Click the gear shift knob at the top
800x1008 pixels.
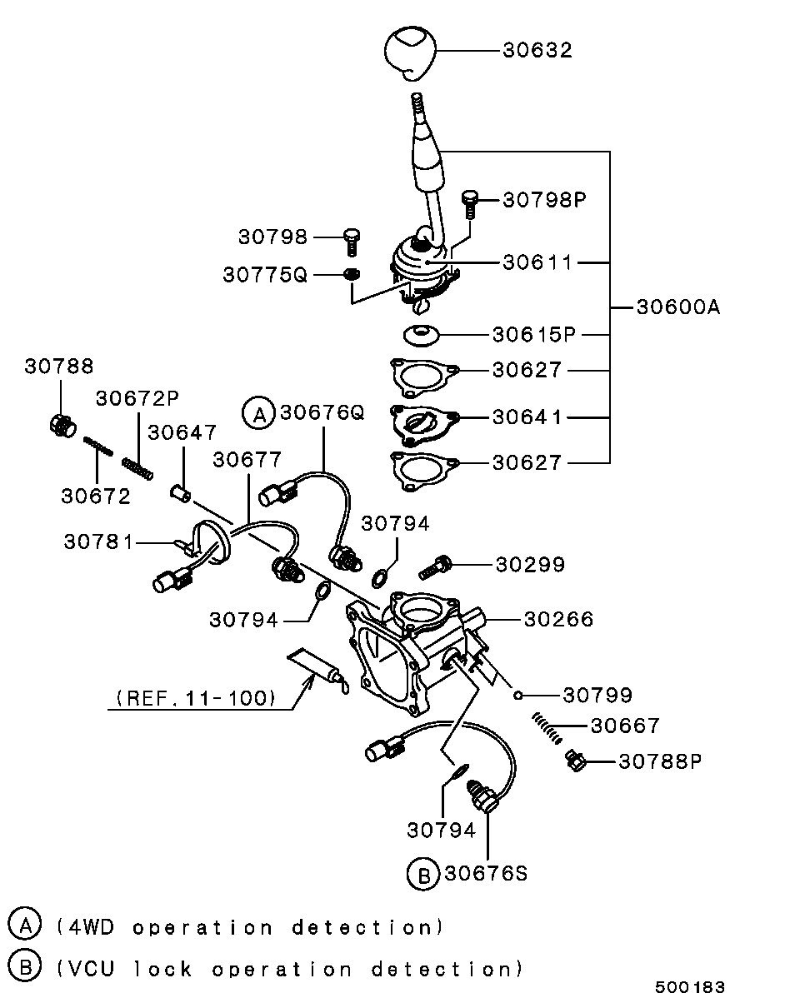(x=410, y=53)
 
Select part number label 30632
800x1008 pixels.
(x=537, y=50)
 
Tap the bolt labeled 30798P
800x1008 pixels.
(x=470, y=204)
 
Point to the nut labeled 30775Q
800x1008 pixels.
(x=352, y=274)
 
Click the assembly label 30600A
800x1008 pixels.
(x=678, y=307)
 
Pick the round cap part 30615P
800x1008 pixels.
(x=421, y=336)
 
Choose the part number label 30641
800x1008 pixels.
(x=527, y=417)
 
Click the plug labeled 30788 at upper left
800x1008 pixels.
(x=62, y=426)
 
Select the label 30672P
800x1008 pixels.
(x=137, y=398)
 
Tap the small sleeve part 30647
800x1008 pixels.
(x=181, y=494)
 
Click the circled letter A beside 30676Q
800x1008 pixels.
(x=258, y=412)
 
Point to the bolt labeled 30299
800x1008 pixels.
(x=435, y=567)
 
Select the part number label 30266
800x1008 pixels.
(x=558, y=619)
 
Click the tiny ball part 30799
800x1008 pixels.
(x=517, y=695)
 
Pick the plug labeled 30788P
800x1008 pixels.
(x=576, y=761)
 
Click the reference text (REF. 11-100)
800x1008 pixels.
(x=196, y=697)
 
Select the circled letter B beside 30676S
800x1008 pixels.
(x=423, y=874)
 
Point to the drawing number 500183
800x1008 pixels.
(x=690, y=987)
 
